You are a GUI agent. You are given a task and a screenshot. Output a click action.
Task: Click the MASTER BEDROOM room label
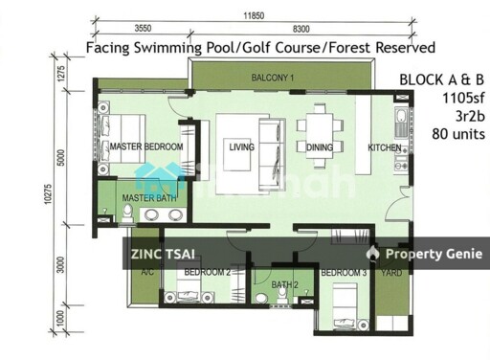tap(145, 147)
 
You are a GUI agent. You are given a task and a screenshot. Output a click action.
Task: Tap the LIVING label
tap(240, 147)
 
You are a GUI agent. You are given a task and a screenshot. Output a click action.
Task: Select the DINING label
tap(320, 147)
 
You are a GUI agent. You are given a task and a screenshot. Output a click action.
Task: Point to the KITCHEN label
tap(386, 147)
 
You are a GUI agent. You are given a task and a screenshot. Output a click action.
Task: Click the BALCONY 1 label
tap(273, 78)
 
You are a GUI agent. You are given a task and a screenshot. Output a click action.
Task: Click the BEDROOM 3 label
tap(344, 274)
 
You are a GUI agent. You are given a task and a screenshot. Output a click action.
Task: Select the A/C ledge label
tap(147, 273)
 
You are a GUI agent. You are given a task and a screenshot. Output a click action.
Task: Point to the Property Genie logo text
tap(430, 254)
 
